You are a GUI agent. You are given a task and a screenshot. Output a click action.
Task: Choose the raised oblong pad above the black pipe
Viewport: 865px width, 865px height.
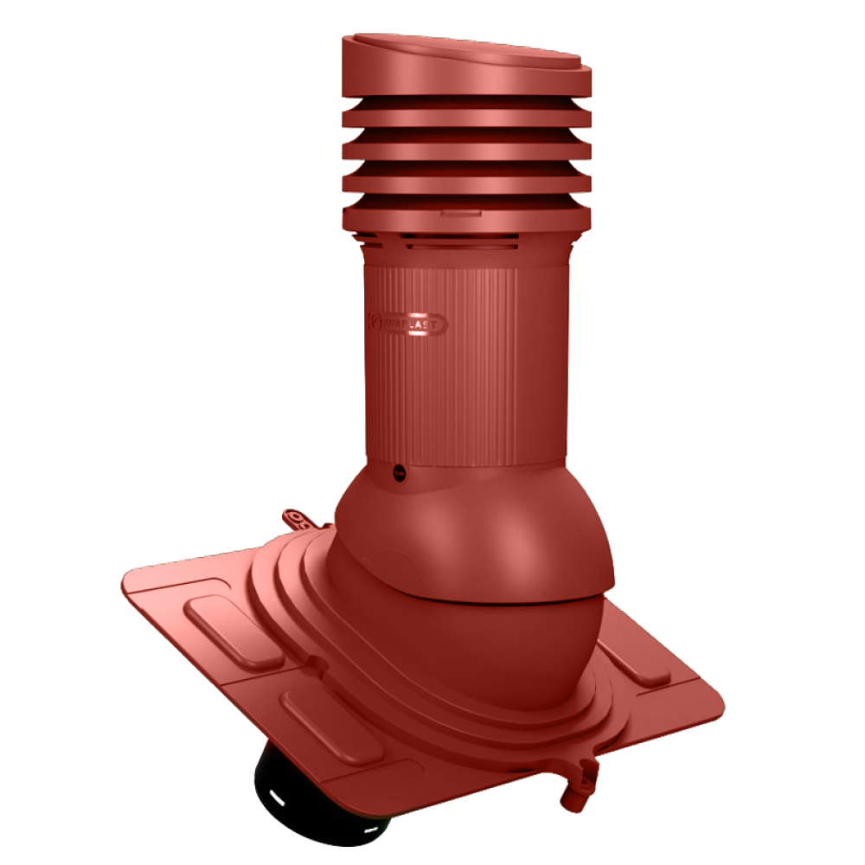point(331,725)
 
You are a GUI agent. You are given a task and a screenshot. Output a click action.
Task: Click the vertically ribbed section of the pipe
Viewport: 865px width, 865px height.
point(467,363)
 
